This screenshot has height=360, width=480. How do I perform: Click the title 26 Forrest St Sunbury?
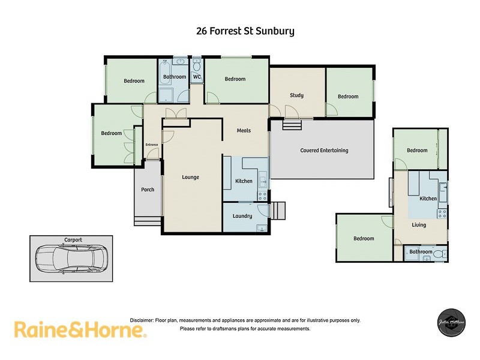[245, 31]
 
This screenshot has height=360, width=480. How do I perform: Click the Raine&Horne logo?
[80, 329]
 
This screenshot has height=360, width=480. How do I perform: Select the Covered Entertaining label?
[324, 151]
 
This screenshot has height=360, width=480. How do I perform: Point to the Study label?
[296, 95]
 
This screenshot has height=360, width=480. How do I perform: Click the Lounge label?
[190, 177]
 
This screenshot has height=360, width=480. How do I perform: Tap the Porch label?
[147, 190]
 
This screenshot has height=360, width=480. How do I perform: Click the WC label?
[196, 77]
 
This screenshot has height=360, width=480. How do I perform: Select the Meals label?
[244, 130]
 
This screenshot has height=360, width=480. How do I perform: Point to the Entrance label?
[152, 145]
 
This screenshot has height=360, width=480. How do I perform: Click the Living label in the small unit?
[419, 225]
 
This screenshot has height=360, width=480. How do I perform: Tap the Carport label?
[73, 240]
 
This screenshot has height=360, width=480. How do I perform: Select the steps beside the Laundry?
[278, 211]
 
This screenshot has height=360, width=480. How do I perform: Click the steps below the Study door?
[292, 124]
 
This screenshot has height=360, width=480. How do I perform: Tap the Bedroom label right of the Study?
[347, 97]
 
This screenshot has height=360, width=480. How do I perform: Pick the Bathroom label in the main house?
[175, 77]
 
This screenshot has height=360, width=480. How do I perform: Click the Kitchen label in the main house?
[244, 181]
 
